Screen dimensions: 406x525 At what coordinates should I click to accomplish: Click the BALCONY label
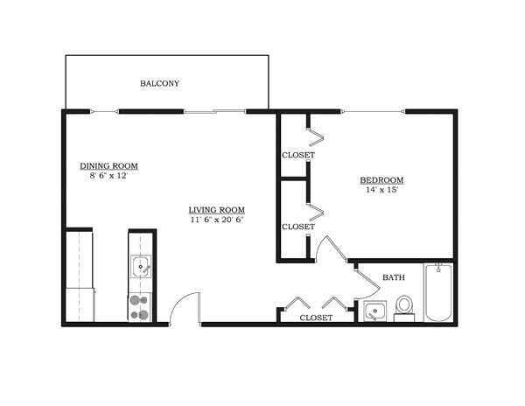[x=159, y=84]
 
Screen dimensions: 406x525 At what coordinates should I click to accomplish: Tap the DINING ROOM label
[x=108, y=165]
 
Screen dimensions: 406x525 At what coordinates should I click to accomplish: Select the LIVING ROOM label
[x=216, y=210]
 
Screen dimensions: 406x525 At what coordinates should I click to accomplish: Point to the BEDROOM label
[x=381, y=180]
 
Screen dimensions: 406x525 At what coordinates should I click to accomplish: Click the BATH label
[x=393, y=278]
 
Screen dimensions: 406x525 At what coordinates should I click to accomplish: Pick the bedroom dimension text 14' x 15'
[x=381, y=191]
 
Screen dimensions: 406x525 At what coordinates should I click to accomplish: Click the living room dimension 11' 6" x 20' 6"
[x=216, y=220]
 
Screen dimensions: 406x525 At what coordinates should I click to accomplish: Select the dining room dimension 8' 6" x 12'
[x=108, y=176]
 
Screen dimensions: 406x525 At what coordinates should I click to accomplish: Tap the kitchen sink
[x=141, y=266]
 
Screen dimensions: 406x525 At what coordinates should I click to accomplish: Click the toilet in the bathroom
[x=404, y=306]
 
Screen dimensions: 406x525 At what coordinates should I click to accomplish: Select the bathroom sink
[x=375, y=310]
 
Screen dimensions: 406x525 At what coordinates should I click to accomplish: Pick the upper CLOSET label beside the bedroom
[x=297, y=156]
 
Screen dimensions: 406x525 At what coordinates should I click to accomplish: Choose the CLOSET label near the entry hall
[x=316, y=318]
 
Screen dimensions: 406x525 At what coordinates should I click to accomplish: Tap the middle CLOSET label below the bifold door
[x=297, y=227]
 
